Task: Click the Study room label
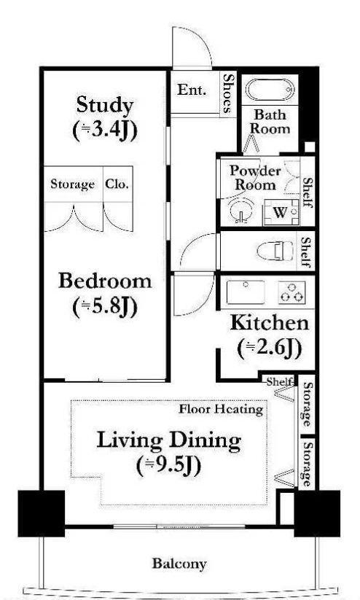click(105, 105)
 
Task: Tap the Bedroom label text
click(105, 281)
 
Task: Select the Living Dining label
click(169, 440)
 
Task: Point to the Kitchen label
click(270, 322)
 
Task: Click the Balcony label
click(179, 564)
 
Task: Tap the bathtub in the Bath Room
click(270, 90)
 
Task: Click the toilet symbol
click(270, 251)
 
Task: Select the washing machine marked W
click(281, 211)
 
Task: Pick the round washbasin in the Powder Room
click(241, 210)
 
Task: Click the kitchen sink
click(246, 292)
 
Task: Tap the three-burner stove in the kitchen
click(292, 292)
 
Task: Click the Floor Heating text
click(221, 409)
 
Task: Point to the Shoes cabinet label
click(228, 93)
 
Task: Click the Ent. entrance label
click(192, 90)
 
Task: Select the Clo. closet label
click(117, 184)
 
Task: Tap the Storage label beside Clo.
click(72, 184)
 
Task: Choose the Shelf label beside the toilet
click(305, 252)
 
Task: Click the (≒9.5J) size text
click(169, 466)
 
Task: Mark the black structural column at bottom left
click(42, 513)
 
